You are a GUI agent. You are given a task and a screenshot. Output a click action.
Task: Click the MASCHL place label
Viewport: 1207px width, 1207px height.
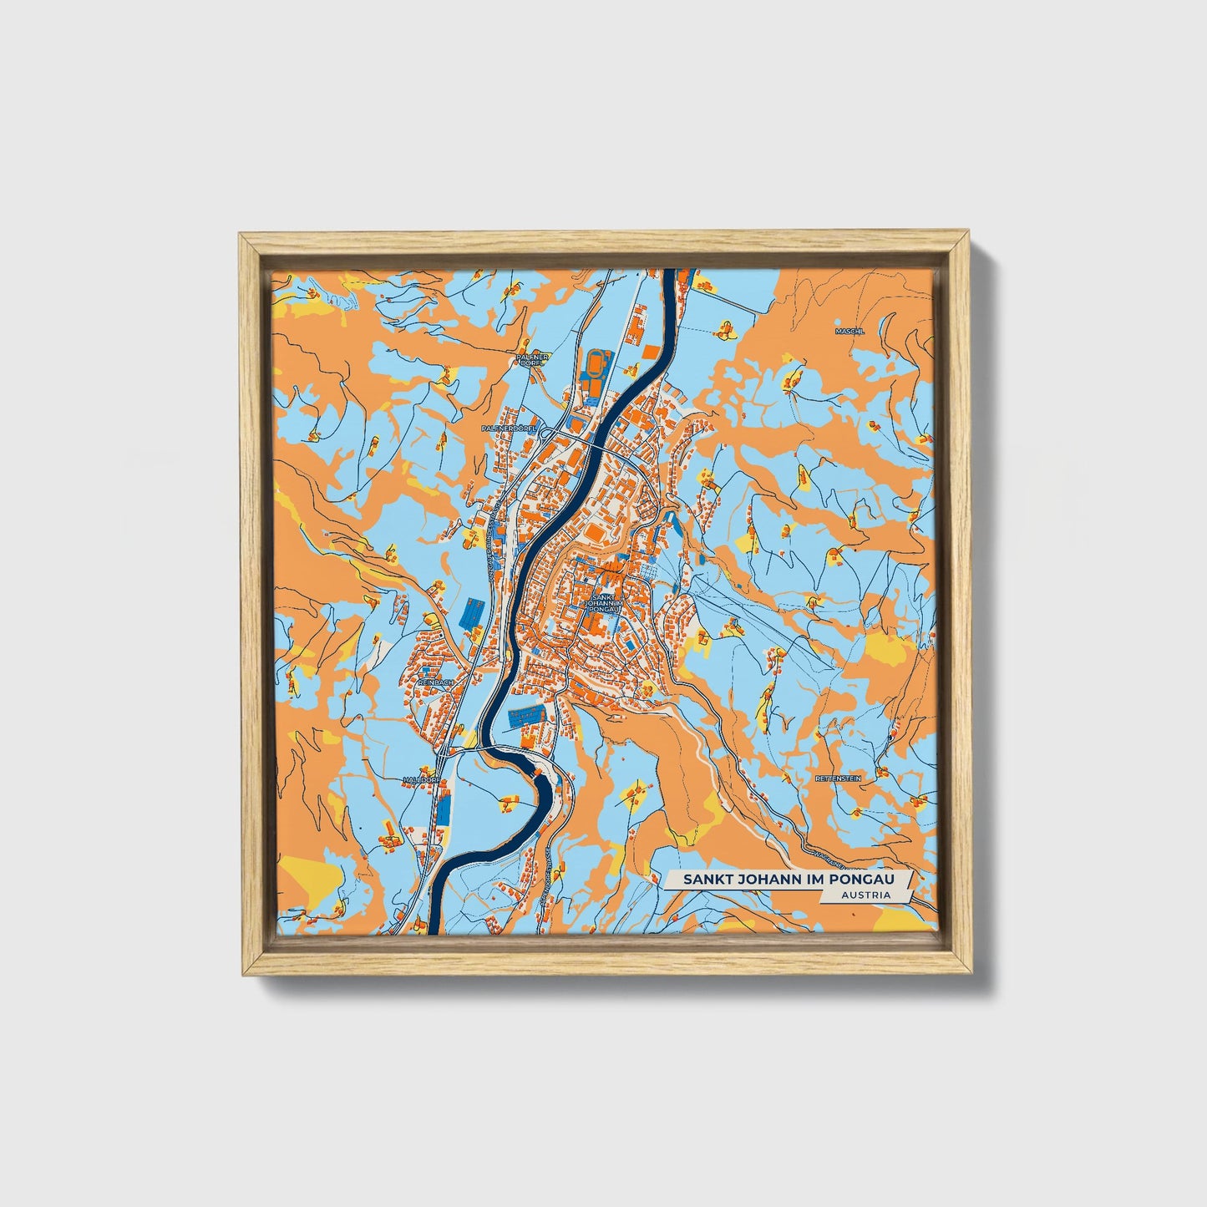pos(850,331)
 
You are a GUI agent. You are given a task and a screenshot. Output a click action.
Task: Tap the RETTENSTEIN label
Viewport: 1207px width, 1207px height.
pos(838,778)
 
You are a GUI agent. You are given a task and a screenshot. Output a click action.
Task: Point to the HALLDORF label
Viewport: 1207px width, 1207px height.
pos(420,778)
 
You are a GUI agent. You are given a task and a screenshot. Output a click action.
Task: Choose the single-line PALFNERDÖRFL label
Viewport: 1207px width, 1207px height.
pos(508,428)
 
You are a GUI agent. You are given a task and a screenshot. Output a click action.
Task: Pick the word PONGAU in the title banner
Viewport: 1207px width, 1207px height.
pos(872,880)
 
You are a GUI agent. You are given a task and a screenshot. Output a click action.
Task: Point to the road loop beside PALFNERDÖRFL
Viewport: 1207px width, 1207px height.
pos(546,432)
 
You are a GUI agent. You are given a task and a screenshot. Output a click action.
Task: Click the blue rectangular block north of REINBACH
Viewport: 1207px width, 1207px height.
pos(471,613)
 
